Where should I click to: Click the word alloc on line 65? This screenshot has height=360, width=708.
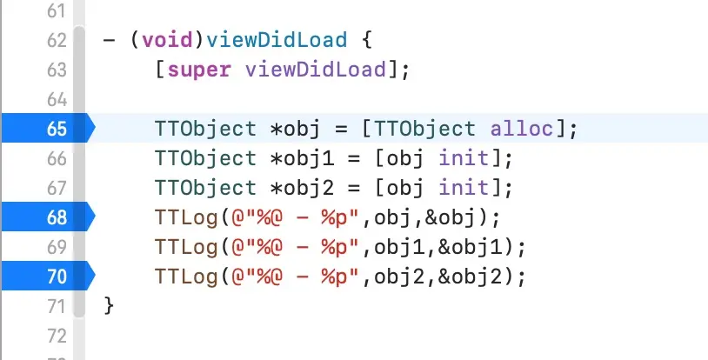pos(520,130)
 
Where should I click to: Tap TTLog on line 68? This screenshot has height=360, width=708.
pos(182,217)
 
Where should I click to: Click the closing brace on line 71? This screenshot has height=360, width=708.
pos(109,306)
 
